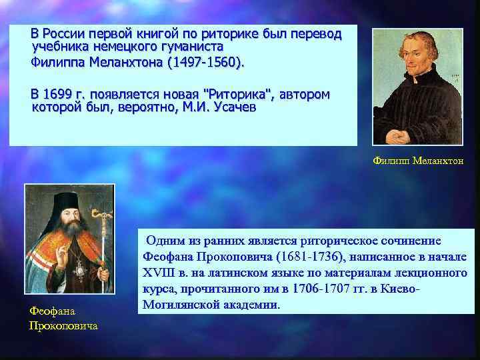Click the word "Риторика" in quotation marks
(x=237, y=94)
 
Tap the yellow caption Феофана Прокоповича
(x=63, y=318)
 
